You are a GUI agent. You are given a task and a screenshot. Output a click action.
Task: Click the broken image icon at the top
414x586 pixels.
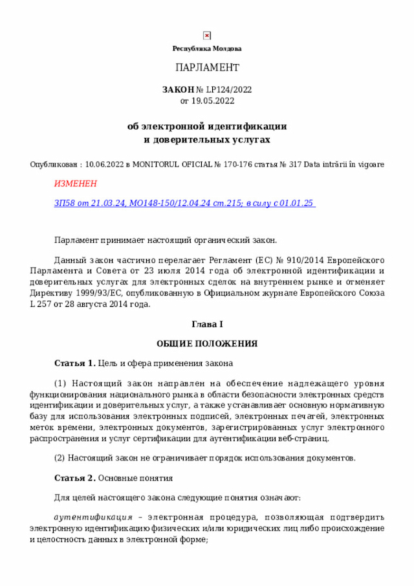coord(206,36)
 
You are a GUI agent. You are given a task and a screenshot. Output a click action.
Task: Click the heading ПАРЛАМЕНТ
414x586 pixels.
coord(207,68)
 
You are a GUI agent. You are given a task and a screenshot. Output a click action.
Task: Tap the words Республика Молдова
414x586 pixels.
coord(207,49)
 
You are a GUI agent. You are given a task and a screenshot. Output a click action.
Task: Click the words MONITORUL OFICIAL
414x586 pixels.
coord(171,164)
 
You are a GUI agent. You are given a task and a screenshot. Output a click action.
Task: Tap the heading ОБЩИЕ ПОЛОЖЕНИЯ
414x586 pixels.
coord(207,343)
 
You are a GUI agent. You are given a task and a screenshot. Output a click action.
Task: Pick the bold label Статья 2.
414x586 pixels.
coord(75,479)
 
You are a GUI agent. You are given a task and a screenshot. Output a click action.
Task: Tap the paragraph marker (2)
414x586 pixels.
coord(60,458)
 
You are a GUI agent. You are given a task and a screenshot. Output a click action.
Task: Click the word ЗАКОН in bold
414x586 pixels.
coord(179,89)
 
